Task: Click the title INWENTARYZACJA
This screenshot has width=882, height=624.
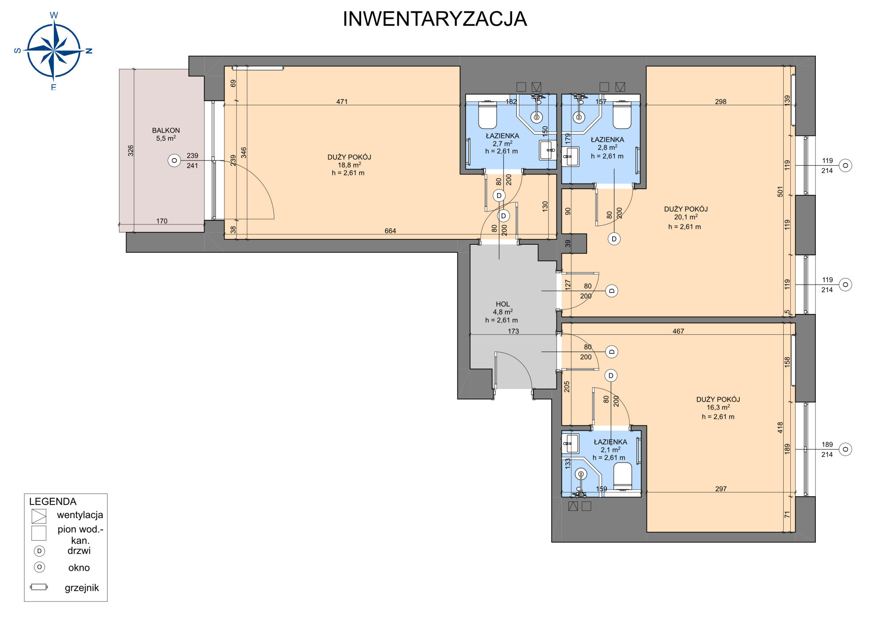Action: click(435, 19)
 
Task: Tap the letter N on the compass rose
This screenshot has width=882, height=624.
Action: click(89, 51)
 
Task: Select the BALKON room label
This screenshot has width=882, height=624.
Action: click(166, 131)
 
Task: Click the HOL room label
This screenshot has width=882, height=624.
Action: click(503, 304)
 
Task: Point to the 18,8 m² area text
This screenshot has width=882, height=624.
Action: click(349, 165)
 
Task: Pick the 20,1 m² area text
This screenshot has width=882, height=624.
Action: click(686, 217)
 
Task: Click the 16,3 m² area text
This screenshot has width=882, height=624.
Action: click(718, 407)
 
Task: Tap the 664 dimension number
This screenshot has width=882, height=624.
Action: click(390, 231)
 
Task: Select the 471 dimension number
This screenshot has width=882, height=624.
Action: click(342, 101)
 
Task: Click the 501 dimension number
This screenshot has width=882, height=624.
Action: click(780, 191)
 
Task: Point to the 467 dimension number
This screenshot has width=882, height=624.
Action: click(678, 331)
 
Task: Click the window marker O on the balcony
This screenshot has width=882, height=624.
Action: click(174, 161)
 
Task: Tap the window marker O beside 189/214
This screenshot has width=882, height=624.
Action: click(845, 449)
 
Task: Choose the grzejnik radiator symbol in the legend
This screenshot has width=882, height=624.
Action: click(39, 587)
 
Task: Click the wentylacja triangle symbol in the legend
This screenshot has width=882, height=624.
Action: click(39, 516)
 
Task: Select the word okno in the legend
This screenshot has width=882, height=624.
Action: click(79, 568)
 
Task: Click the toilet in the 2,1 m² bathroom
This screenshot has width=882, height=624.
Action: click(623, 476)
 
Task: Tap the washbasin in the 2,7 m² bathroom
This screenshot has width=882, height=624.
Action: click(548, 150)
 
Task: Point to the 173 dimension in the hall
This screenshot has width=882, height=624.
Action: click(513, 331)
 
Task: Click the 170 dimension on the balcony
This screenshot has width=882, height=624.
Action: click(162, 221)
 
